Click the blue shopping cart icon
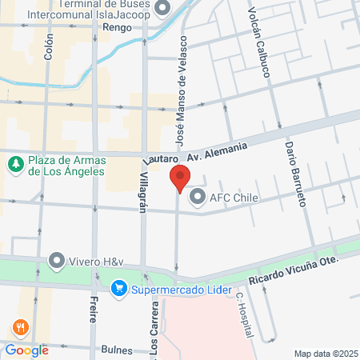coord(119,287)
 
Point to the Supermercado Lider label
coord(182,288)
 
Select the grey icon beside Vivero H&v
coord(56,260)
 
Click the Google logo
coord(26,350)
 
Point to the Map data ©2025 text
coord(326,354)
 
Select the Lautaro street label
coord(158,160)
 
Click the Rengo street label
coord(118,27)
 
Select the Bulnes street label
coord(117,350)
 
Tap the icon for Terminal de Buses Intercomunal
coord(163,8)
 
